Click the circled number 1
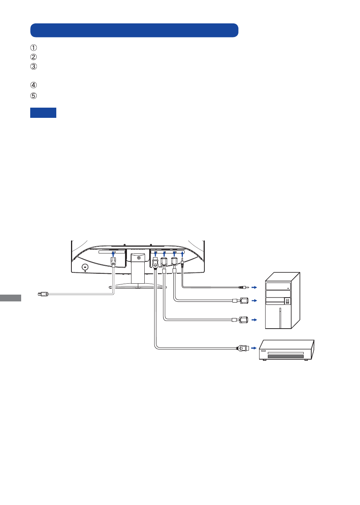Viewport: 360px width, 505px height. (33, 48)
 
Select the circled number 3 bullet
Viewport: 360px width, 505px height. (33, 66)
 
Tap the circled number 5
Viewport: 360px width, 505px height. (33, 96)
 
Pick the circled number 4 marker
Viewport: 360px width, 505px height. (33, 85)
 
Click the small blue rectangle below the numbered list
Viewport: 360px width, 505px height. (43, 113)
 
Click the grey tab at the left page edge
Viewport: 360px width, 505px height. (10, 298)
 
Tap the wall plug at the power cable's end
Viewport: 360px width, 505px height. (43, 294)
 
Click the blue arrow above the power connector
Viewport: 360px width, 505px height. (113, 254)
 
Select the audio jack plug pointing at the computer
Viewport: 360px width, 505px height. (244, 287)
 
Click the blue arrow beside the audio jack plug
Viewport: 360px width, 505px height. (254, 287)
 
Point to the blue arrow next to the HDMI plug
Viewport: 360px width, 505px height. (254, 348)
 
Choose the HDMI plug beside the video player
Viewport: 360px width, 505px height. (243, 348)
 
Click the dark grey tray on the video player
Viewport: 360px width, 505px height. (286, 357)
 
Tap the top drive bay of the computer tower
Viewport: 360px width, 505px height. (278, 286)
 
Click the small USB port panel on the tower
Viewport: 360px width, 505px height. (287, 301)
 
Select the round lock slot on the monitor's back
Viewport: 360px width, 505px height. (85, 267)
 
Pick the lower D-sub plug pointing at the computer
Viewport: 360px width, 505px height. (240, 320)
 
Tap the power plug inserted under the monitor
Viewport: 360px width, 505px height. (113, 263)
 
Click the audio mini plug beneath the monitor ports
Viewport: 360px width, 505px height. (182, 263)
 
